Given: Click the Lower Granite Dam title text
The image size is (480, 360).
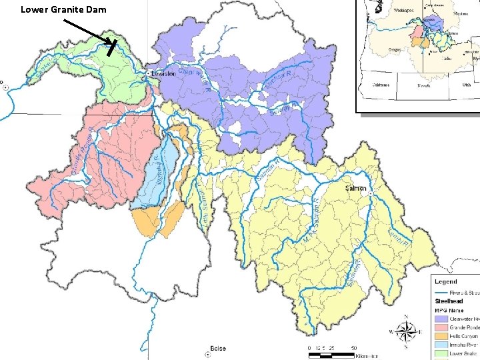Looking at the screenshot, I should point(63,9).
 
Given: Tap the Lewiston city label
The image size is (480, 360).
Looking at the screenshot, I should point(163,73).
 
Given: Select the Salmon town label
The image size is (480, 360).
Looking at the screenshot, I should point(355,189).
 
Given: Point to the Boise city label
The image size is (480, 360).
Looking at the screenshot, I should point(218,348).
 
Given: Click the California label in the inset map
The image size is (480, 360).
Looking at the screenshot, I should point(381,85).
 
